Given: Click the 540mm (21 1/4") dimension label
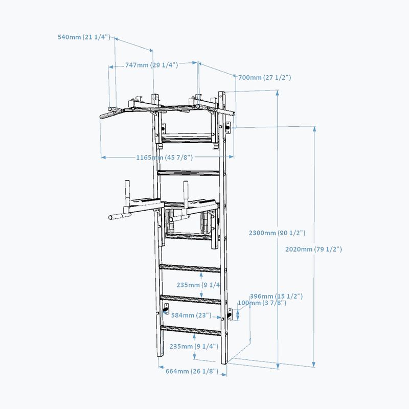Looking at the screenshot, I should click(x=84, y=37).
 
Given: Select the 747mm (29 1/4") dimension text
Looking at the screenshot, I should click(x=151, y=65).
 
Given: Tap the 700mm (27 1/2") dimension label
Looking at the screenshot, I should click(x=264, y=77).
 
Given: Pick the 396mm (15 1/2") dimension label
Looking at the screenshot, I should click(x=276, y=296).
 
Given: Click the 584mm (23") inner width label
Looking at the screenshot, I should click(x=191, y=315).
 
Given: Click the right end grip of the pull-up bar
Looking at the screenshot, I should click(x=230, y=111).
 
